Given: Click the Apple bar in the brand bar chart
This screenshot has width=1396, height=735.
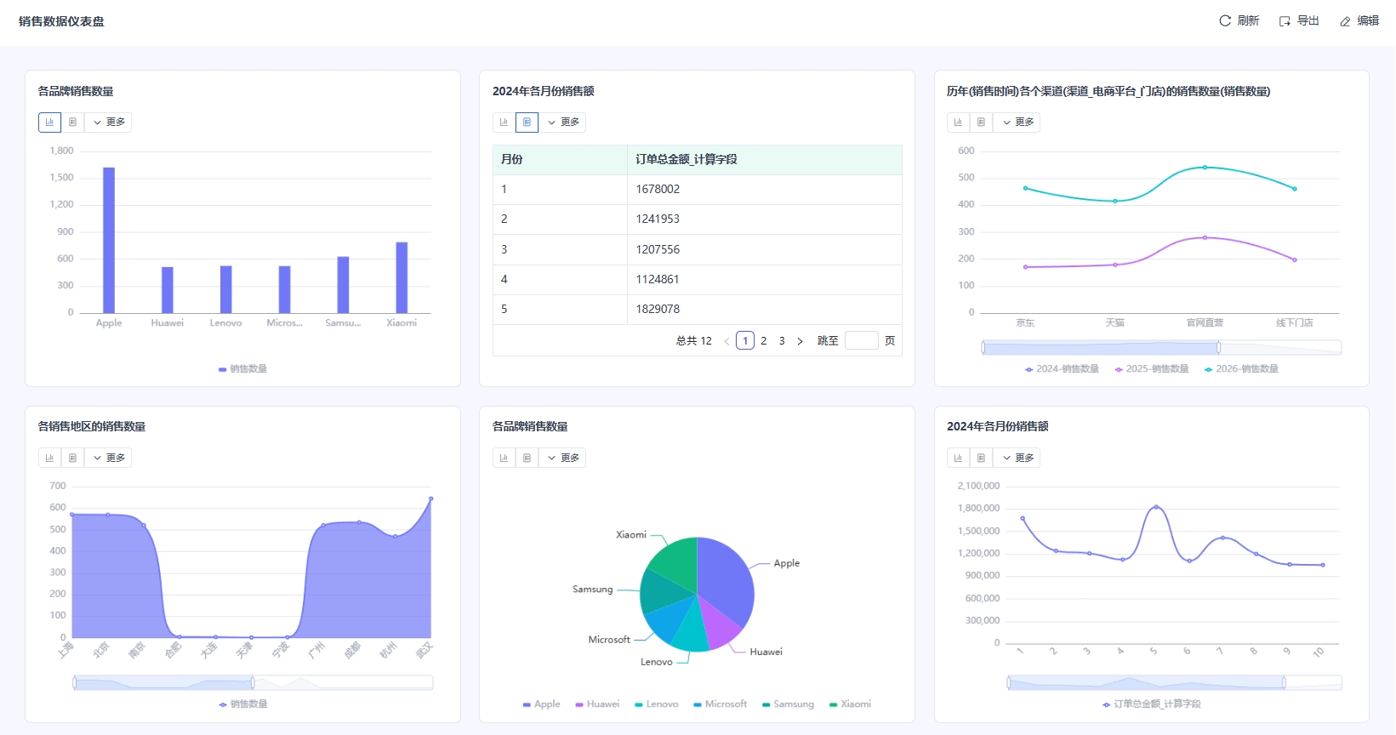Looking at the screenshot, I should click(x=109, y=240).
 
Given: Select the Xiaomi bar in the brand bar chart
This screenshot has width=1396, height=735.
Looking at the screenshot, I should click(x=402, y=277).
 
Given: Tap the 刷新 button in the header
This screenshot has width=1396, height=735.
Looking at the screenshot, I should click(x=1239, y=21).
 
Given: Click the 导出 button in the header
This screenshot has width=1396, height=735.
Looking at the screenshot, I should click(x=1299, y=21).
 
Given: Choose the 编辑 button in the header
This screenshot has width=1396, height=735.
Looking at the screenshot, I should click(x=1359, y=21).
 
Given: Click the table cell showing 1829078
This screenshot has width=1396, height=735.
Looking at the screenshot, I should click(x=658, y=310).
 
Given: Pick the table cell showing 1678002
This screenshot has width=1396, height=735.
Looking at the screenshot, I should click(x=658, y=190).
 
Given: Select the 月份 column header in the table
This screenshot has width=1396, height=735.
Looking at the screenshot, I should click(x=512, y=160).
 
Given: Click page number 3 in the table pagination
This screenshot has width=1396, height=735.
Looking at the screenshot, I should click(x=782, y=341).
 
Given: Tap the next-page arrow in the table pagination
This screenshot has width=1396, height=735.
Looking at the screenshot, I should click(x=800, y=341).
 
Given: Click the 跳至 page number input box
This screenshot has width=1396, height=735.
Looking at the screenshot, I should click(x=861, y=341).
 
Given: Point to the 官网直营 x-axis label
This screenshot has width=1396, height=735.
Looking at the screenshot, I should click(x=1205, y=323).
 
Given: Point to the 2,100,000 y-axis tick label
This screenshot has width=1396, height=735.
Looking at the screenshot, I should click(x=978, y=487).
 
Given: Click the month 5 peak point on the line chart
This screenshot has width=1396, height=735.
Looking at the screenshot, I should click(x=1155, y=507).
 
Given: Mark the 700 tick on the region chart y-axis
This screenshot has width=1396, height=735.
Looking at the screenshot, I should click(x=58, y=487).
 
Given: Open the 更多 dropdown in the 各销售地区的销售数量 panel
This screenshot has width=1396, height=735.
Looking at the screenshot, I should click(x=109, y=459).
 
